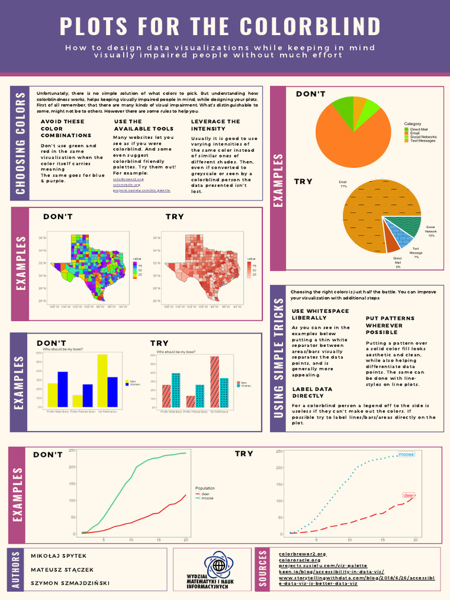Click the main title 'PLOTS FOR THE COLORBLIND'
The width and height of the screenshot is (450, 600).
[220, 27]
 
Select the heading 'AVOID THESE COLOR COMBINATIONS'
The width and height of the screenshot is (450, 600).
[62, 128]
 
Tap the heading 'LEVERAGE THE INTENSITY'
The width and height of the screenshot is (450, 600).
[216, 125]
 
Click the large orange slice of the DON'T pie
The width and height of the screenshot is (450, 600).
[352, 138]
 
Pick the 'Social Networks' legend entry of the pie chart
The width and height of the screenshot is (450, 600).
[422, 137]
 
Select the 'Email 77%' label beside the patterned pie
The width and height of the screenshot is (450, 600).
[343, 184]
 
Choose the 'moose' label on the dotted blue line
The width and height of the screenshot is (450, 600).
[406, 454]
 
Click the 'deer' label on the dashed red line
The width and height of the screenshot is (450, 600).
[408, 495]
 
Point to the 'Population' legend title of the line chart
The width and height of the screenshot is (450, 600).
[204, 488]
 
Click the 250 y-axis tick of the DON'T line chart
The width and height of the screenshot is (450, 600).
[72, 450]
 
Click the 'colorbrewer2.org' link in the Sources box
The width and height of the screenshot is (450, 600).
[302, 554]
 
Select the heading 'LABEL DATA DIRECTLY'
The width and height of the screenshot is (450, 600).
[312, 392]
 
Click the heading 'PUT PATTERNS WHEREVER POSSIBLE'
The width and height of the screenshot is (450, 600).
[390, 325]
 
